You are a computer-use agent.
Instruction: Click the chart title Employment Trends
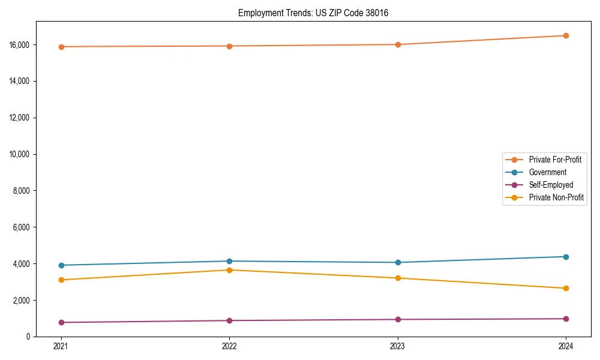pos(313,13)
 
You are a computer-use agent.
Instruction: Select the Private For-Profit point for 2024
pos(566,35)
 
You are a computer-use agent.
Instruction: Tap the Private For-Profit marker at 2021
pos(61,47)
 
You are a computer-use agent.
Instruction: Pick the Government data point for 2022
pos(229,261)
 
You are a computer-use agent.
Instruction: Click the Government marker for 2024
pos(566,257)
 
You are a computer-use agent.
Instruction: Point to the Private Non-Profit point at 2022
pos(229,270)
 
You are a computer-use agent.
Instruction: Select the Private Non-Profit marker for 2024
pos(566,288)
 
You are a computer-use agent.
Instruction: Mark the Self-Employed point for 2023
pos(398,319)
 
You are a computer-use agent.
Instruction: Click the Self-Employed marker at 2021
pos(61,322)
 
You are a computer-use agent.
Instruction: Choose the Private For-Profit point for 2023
pos(398,44)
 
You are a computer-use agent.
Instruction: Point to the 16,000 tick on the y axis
pos(20,45)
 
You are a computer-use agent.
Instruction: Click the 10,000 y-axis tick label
pos(20,154)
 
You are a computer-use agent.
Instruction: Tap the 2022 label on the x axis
pos(229,346)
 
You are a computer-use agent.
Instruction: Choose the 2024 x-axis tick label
pos(566,346)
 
